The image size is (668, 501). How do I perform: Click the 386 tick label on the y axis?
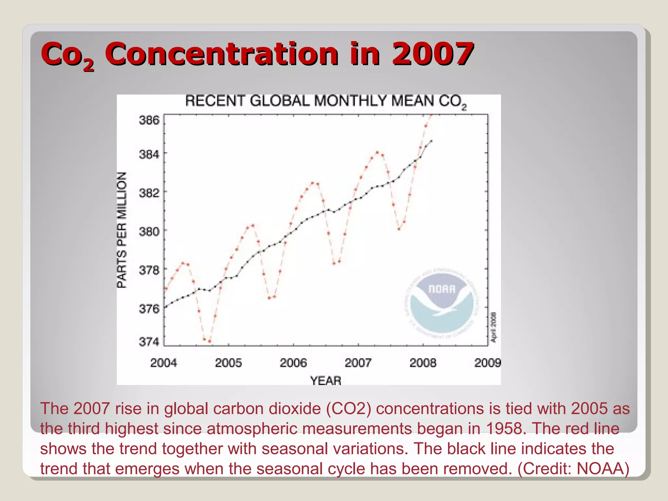(x=149, y=120)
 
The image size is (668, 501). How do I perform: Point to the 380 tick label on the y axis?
(x=149, y=232)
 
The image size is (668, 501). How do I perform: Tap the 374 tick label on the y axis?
(x=149, y=342)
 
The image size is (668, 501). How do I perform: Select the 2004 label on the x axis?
(x=163, y=363)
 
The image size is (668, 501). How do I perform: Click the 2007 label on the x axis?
(x=358, y=363)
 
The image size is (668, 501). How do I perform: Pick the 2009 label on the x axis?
(x=487, y=363)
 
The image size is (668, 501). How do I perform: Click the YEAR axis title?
(x=326, y=381)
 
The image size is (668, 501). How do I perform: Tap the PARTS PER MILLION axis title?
(x=122, y=230)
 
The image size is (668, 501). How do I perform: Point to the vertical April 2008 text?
(x=494, y=327)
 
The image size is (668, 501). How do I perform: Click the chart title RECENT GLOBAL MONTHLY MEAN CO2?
(x=326, y=101)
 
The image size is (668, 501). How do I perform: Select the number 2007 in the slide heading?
(x=433, y=53)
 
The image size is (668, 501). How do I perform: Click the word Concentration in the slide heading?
(x=221, y=53)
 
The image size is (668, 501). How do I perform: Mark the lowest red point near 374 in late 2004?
(x=209, y=342)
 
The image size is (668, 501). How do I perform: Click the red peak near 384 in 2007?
(x=377, y=152)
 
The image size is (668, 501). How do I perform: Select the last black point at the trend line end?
(x=431, y=141)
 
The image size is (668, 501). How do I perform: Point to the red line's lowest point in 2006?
(x=334, y=263)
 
